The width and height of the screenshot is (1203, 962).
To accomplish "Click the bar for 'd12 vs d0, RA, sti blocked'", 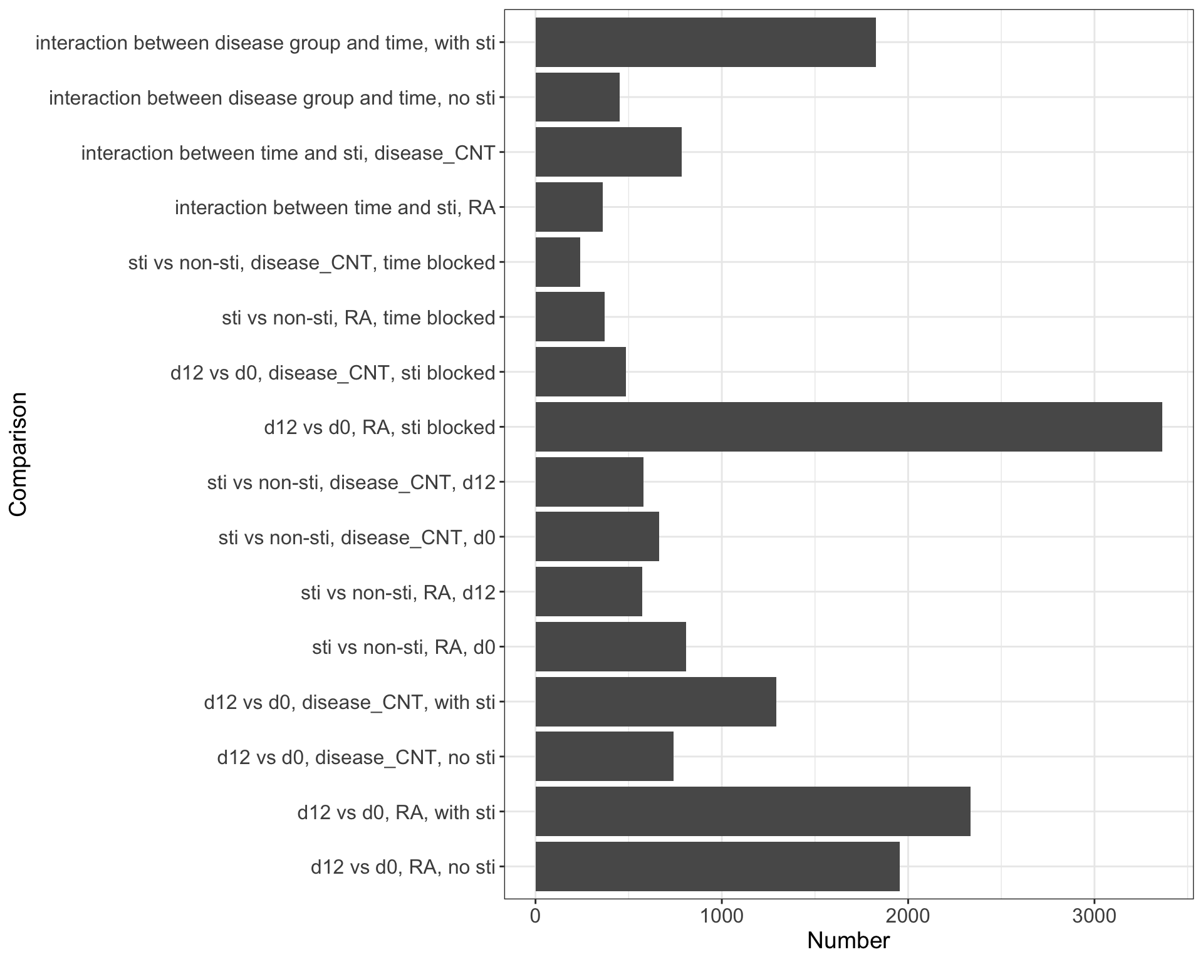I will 848,427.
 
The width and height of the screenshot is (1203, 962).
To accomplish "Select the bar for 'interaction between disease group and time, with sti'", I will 706,42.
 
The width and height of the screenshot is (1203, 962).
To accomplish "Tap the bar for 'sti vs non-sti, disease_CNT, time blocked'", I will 558,262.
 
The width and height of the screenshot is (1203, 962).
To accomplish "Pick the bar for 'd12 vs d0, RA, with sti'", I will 753,812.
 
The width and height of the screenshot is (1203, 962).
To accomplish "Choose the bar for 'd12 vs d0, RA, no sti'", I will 717,867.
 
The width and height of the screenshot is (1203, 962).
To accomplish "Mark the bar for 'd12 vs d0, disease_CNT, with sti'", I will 655,701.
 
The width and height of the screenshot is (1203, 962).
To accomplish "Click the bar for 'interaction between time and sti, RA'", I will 569,207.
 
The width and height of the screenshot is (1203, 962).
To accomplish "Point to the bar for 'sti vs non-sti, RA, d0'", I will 610,646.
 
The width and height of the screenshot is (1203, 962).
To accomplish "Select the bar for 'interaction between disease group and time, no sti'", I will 577,97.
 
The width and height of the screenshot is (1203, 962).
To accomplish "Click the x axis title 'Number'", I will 848,941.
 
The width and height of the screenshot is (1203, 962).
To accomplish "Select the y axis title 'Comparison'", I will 19,454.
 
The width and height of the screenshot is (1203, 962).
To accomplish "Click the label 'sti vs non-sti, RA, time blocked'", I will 358,318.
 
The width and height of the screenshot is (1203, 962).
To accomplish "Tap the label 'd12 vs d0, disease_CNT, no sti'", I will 356,757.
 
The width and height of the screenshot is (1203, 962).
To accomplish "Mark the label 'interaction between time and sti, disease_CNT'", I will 288,153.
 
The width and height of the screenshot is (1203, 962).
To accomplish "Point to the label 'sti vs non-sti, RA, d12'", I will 398,592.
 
